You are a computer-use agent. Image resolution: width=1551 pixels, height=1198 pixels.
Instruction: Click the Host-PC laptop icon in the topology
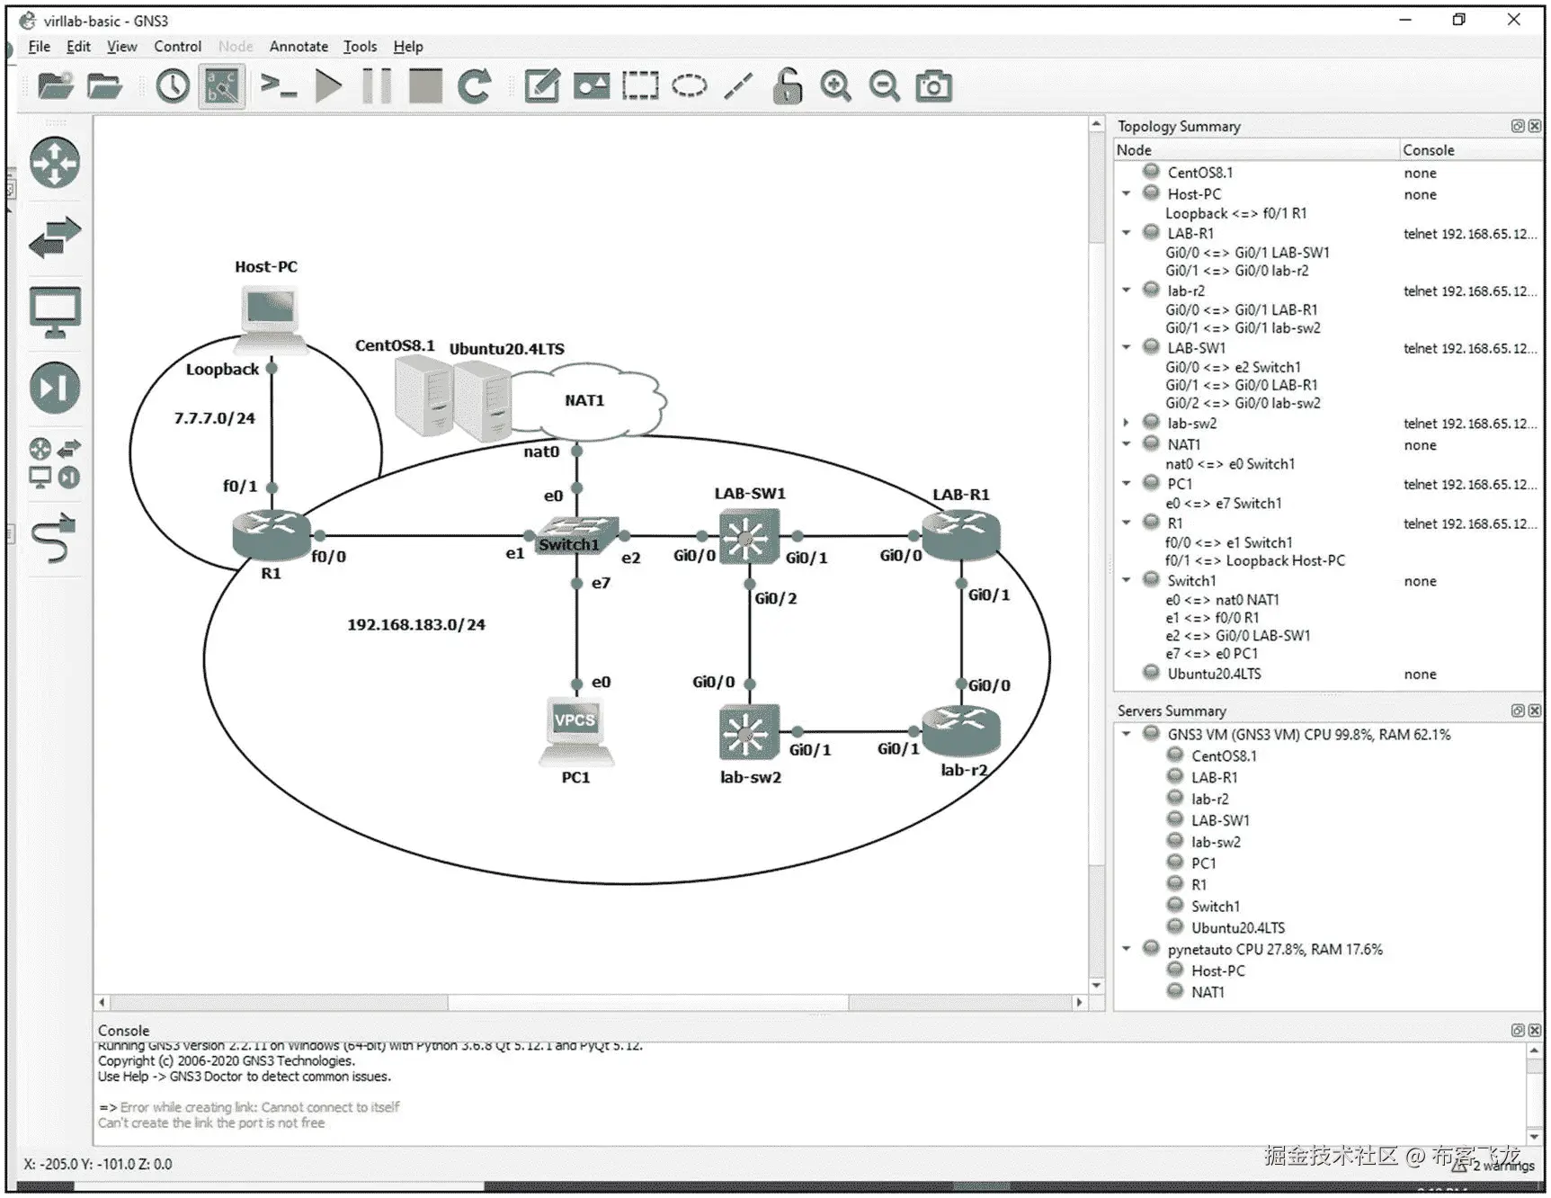(x=269, y=316)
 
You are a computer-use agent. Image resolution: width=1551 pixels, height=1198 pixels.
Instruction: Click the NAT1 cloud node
(x=589, y=402)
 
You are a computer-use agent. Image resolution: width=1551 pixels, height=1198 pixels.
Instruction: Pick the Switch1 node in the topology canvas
(x=575, y=534)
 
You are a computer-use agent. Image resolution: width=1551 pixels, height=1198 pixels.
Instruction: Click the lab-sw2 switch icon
(x=748, y=733)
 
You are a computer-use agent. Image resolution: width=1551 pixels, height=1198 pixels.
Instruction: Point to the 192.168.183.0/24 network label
(x=416, y=624)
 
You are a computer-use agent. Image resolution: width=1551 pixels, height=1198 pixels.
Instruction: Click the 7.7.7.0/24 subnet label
(x=214, y=418)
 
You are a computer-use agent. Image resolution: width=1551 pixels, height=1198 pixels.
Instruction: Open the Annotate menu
(x=299, y=47)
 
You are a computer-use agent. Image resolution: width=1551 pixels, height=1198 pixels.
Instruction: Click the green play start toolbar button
(x=329, y=86)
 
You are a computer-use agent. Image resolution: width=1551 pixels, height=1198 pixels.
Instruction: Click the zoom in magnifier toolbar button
(x=835, y=86)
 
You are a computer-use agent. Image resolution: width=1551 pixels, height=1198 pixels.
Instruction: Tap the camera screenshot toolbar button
(x=933, y=86)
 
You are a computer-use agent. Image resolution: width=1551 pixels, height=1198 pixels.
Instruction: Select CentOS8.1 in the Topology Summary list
(x=1199, y=173)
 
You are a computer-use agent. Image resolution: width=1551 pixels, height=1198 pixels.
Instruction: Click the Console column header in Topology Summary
(x=1428, y=150)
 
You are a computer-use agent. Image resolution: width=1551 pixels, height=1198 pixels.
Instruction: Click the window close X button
(x=1513, y=20)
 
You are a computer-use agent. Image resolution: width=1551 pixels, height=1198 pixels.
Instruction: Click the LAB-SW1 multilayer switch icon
(x=748, y=537)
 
